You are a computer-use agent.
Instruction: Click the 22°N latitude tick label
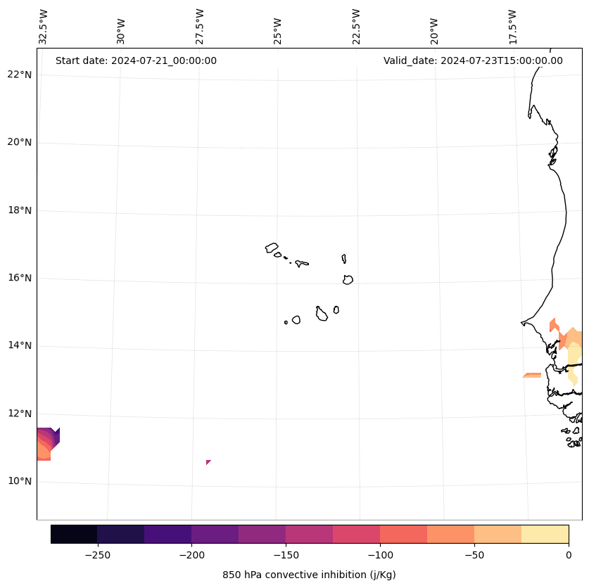tap(20, 75)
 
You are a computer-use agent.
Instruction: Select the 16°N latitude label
tap(20, 278)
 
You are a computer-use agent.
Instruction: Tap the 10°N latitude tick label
tap(20, 481)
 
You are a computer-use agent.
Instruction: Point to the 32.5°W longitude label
tap(44, 27)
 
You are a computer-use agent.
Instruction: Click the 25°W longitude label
tap(278, 27)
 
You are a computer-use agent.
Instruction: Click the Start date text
tap(136, 60)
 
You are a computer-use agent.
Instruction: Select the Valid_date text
tap(473, 60)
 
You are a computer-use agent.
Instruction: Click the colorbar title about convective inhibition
tap(309, 575)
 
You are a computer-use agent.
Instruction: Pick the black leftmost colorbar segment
tap(74, 534)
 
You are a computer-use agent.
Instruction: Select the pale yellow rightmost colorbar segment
tap(545, 534)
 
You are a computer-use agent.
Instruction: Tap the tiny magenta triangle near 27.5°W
tap(208, 462)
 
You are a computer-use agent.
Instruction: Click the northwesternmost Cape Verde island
tap(272, 248)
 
